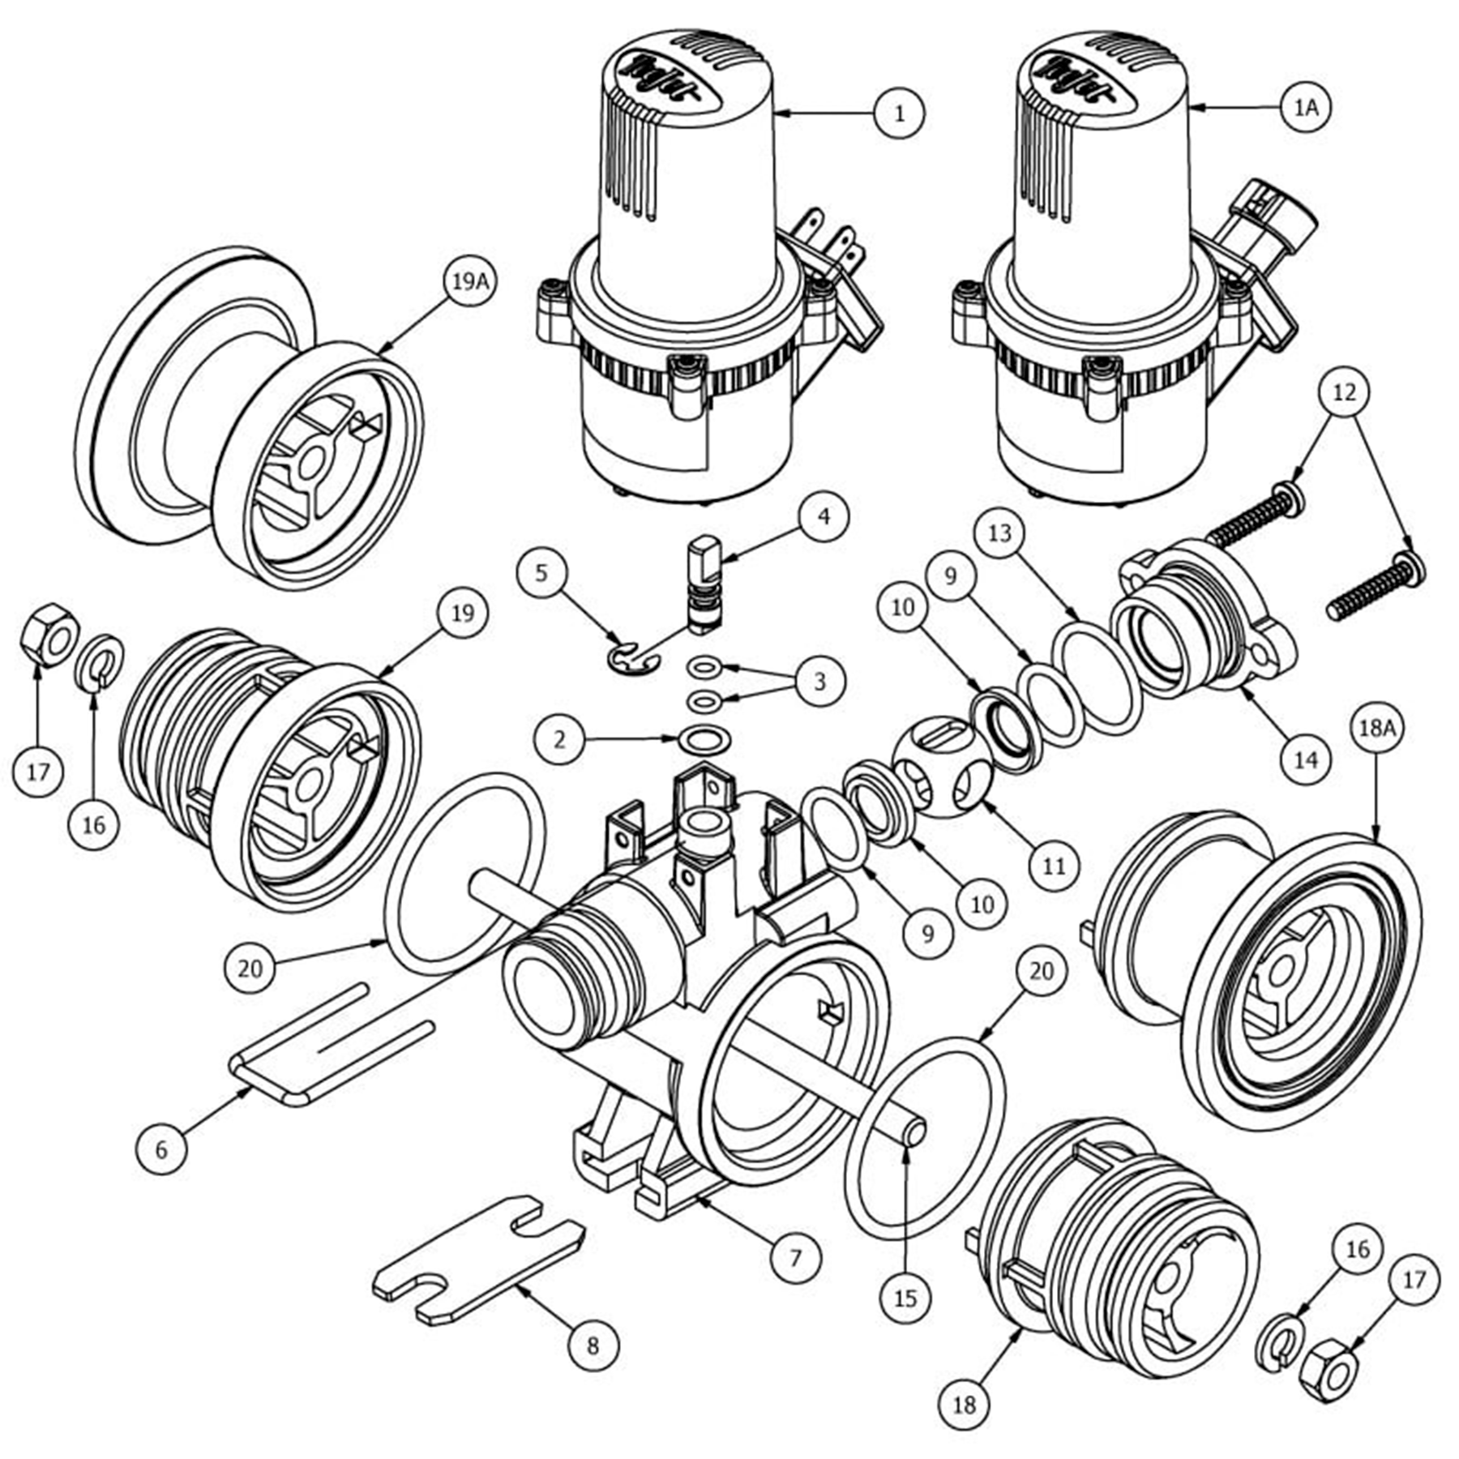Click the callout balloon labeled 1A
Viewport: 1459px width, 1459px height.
tap(1307, 106)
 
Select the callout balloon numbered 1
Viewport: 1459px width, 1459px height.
tap(899, 113)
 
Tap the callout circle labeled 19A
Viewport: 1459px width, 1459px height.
tap(471, 281)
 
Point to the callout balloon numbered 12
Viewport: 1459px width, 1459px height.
tap(1343, 392)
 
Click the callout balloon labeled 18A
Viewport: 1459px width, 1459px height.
tap(1376, 728)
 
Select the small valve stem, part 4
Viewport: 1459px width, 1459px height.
tap(702, 584)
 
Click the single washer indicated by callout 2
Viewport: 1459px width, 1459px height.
tap(704, 739)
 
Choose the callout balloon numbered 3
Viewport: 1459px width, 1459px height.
tap(819, 681)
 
